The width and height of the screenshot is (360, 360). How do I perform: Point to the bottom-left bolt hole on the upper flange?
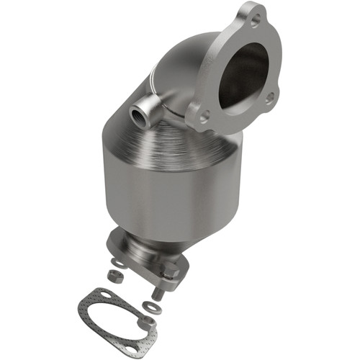tap(204, 115)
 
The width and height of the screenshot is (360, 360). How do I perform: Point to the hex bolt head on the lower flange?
tap(170, 272)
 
